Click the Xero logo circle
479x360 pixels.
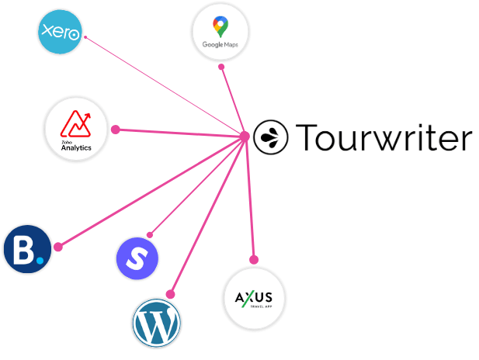61,32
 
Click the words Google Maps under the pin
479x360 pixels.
220,45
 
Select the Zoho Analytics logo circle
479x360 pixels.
76,129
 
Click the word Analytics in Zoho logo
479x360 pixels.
76,147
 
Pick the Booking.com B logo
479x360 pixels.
27,249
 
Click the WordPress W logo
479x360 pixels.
158,322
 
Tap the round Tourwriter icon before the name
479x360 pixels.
268,137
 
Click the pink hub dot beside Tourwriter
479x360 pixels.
244,137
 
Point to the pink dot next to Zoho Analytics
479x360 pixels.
115,130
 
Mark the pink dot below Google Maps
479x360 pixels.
221,67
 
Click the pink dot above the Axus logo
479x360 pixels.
253,259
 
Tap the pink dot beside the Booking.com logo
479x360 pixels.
57,247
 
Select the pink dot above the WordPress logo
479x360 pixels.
171,293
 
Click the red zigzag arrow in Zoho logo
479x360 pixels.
76,123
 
